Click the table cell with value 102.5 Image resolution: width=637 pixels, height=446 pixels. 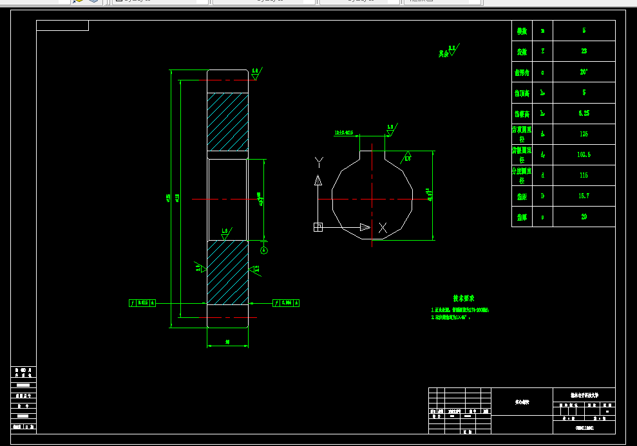click(x=584, y=154)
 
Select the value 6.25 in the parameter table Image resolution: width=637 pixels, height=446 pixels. click(x=584, y=113)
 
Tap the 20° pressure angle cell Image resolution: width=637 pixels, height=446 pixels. click(x=584, y=72)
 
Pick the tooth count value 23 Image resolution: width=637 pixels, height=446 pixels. click(x=584, y=51)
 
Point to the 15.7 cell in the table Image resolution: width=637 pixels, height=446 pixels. click(x=584, y=196)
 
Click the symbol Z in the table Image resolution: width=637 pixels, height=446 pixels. click(x=543, y=51)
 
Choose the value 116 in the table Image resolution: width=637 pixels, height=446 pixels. click(x=584, y=175)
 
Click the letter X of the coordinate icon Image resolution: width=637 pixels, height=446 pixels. click(x=383, y=227)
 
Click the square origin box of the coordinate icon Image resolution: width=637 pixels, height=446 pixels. click(x=318, y=227)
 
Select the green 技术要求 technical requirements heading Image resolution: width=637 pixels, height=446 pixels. click(x=463, y=298)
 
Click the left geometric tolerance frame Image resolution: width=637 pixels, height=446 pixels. click(x=142, y=302)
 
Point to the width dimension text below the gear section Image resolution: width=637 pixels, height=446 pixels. click(x=227, y=342)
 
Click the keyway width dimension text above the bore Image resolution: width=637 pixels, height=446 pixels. click(x=344, y=133)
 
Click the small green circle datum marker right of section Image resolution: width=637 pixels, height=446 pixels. click(x=263, y=250)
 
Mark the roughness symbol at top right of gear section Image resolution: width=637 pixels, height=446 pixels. click(x=256, y=73)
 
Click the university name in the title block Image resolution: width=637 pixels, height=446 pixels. click(x=584, y=395)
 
